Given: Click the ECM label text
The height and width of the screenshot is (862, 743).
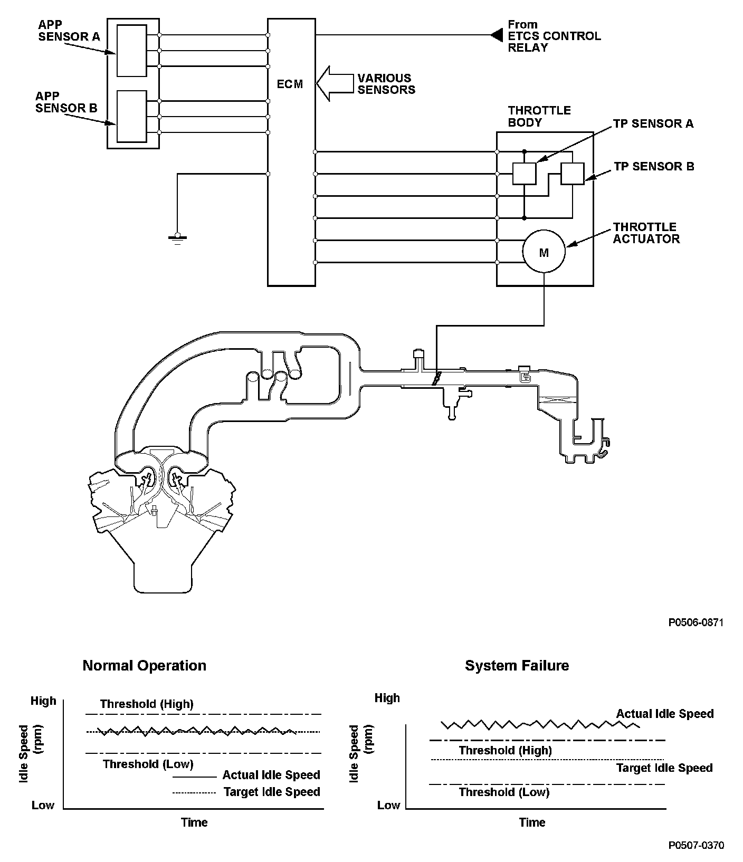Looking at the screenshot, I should coord(290,84).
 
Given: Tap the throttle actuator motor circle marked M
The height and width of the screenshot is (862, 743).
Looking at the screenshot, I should coord(544,252).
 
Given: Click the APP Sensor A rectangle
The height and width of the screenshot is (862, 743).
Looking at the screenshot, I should coord(131,50).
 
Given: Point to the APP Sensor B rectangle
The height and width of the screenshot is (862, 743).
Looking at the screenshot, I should coord(131,116).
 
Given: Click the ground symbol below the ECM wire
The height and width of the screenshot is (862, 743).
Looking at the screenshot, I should coord(177,238).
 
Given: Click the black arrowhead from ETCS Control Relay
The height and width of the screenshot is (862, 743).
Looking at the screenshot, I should coord(496,35).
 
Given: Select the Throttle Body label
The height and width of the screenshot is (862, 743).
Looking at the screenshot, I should coord(539,116).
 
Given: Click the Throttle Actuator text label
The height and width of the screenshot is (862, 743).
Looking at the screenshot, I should coord(646,233).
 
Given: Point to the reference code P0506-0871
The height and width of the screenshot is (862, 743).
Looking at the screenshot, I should coord(696,622).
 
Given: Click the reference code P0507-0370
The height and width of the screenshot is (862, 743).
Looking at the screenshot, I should coord(696,845).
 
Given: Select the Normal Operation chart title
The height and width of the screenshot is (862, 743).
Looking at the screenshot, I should coord(144,666).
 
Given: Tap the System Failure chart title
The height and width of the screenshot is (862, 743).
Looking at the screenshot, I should coord(517,666).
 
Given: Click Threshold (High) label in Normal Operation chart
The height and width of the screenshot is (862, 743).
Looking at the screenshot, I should coord(147,704).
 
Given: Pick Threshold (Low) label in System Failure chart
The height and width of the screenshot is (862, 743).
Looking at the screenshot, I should coord(504,792).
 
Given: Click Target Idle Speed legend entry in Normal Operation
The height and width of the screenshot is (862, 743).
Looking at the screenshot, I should coord(272,792).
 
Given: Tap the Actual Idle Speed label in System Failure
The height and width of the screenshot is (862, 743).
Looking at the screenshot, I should coord(664,714).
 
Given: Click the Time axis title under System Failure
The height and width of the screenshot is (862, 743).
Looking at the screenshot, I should coord(532,822).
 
